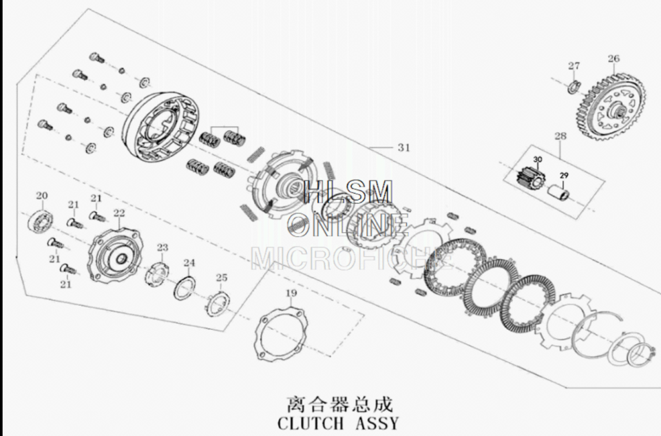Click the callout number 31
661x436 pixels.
click(x=404, y=147)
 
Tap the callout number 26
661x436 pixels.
click(x=613, y=58)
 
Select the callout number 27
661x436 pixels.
click(x=574, y=66)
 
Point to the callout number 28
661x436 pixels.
click(x=560, y=136)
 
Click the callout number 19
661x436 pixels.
click(x=291, y=293)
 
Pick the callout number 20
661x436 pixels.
click(x=42, y=196)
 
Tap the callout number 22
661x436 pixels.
click(x=119, y=213)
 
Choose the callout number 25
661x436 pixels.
click(x=222, y=278)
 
